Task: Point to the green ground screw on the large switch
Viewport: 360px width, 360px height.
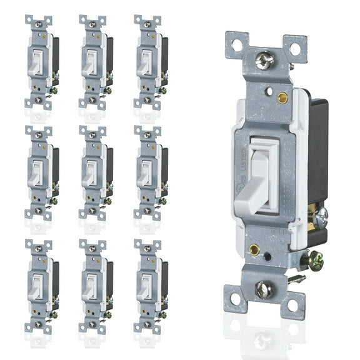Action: (x=316, y=261)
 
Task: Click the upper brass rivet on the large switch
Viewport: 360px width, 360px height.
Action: (x=282, y=97)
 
